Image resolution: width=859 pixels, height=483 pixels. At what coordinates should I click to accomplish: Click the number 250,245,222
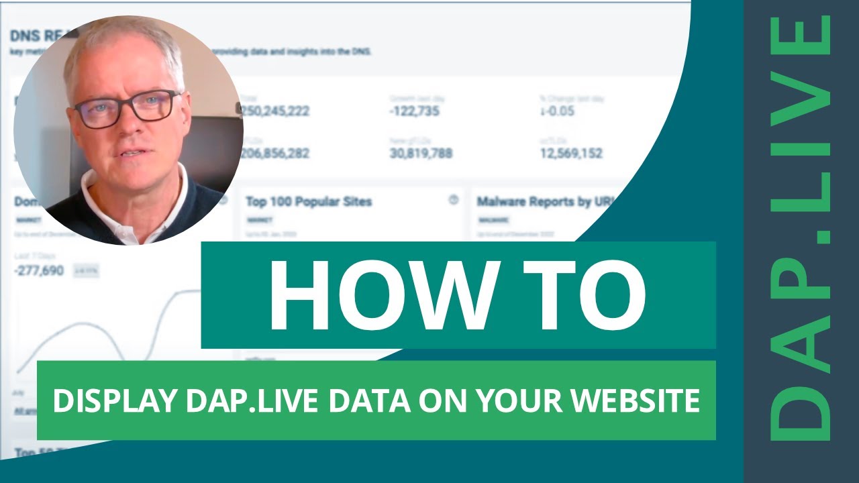[x=275, y=111]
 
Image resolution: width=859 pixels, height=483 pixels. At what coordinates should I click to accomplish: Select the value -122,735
[x=414, y=111]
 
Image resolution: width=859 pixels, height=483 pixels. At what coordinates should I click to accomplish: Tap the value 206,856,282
[x=275, y=154]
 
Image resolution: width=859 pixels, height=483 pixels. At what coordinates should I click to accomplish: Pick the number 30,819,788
[x=421, y=154]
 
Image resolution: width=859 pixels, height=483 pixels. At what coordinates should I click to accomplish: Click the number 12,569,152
[x=571, y=154]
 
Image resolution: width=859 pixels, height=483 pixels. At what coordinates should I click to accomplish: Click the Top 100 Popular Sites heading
[x=309, y=201]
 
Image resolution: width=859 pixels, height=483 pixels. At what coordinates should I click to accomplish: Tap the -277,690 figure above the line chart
[x=40, y=271]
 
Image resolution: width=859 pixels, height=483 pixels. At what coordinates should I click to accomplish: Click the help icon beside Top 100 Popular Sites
[x=453, y=200]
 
